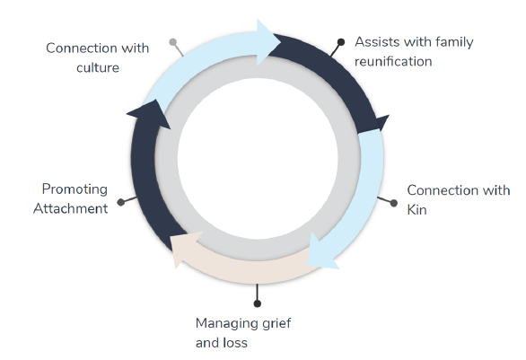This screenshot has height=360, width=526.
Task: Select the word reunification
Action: pyautogui.click(x=393, y=61)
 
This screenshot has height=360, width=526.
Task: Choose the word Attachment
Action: pyautogui.click(x=70, y=208)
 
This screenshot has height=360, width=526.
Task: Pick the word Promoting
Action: pyautogui.click(x=75, y=189)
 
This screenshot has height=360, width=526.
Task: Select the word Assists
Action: pyautogui.click(x=378, y=42)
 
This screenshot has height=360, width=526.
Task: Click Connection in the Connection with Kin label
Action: pyautogui.click(x=443, y=190)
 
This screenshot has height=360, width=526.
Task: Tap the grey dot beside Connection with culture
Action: pyautogui.click(x=173, y=41)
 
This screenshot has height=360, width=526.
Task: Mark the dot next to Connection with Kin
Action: pyautogui.click(x=393, y=203)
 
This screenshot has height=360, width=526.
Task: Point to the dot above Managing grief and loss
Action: pyautogui.click(x=258, y=303)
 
